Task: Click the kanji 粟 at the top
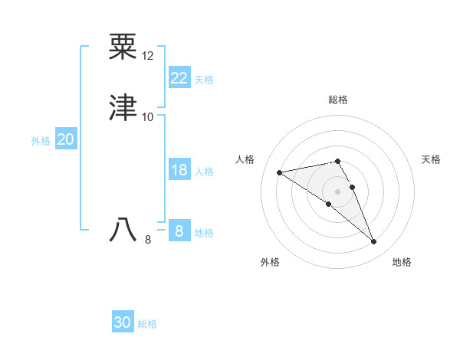124,47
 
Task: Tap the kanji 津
124,108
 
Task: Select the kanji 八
124,230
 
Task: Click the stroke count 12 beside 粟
148,56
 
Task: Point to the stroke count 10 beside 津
148,117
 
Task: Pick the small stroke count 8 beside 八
148,240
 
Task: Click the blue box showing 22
179,78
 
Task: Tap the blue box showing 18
179,170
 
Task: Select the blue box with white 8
179,231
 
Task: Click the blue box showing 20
66,139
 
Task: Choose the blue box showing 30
123,322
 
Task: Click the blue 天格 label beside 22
204,80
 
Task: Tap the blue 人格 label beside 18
204,172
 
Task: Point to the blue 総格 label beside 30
147,324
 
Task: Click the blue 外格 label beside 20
41,141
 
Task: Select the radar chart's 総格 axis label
338,100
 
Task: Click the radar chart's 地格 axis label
402,262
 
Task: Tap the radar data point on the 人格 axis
279,172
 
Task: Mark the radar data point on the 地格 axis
374,242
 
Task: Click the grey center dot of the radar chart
337,191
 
